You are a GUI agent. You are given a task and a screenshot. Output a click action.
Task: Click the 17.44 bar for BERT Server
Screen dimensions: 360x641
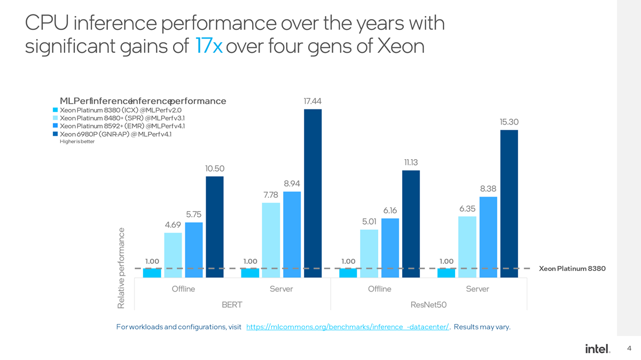(x=312, y=193)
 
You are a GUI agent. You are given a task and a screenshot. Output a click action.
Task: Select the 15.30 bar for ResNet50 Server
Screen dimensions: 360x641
(x=509, y=204)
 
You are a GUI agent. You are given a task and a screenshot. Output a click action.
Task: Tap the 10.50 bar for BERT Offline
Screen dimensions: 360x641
(x=215, y=226)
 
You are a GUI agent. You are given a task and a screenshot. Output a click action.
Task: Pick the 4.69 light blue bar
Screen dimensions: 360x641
(x=173, y=255)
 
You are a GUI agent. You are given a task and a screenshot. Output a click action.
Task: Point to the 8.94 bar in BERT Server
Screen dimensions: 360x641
(x=292, y=234)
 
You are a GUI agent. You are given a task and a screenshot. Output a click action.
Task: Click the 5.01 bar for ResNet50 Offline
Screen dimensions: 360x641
(x=369, y=253)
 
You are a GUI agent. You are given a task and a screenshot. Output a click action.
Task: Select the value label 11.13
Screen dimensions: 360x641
(x=411, y=162)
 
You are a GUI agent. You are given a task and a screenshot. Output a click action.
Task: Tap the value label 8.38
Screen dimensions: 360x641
(x=488, y=189)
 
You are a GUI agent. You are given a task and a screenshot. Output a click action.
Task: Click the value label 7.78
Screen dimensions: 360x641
(x=271, y=194)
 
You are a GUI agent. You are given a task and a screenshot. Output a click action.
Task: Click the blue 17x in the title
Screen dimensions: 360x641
(x=209, y=46)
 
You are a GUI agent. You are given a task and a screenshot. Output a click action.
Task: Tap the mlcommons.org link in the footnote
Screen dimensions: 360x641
(x=347, y=327)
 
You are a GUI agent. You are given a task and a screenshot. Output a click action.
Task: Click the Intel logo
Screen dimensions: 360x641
(x=597, y=349)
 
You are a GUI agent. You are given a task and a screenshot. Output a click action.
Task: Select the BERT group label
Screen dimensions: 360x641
(x=232, y=305)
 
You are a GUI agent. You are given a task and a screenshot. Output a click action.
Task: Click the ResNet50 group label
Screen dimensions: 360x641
(x=428, y=305)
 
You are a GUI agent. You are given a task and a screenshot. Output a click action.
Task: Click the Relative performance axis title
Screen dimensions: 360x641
(x=121, y=268)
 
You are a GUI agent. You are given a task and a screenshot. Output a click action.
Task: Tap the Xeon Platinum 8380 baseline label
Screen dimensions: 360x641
(x=572, y=269)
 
